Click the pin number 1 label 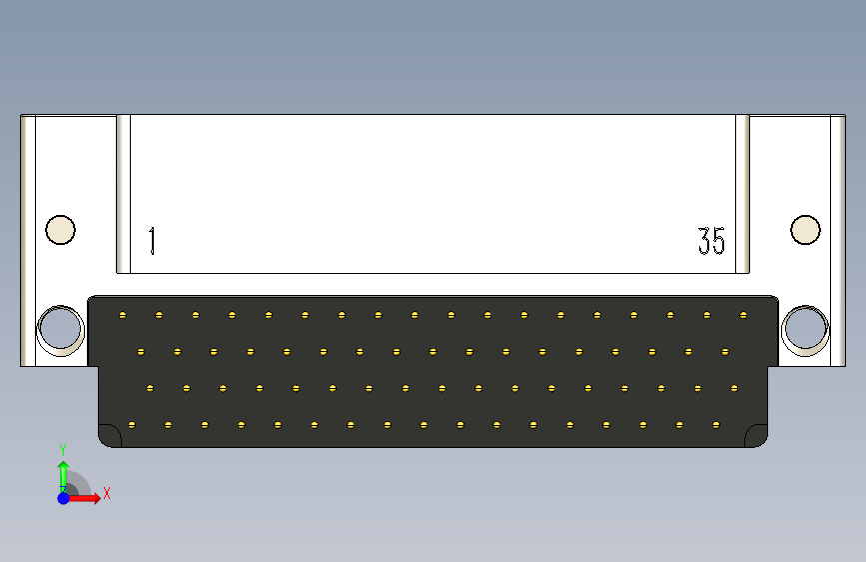point(152,241)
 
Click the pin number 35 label point(711,241)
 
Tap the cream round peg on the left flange point(60,230)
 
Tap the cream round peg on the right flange point(805,230)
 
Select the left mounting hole point(59,327)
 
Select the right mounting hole point(805,327)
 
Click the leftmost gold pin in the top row point(122,315)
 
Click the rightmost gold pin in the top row point(743,315)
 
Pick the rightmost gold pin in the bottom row point(715,425)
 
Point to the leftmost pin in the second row point(140,352)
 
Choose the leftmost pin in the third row point(149,388)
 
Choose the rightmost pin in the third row point(734,388)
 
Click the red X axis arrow point(89,497)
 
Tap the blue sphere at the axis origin point(63,497)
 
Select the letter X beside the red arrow point(106,493)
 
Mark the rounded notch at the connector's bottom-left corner point(109,435)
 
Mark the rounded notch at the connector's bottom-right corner point(757,435)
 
